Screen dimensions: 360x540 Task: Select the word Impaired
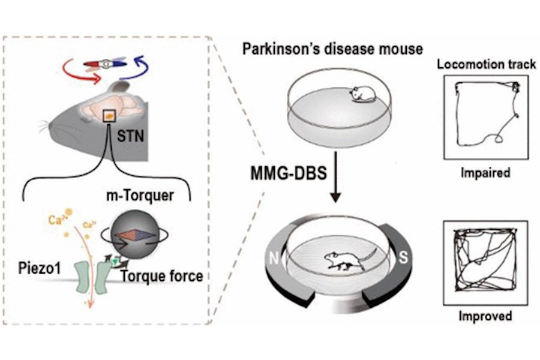point(485,173)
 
